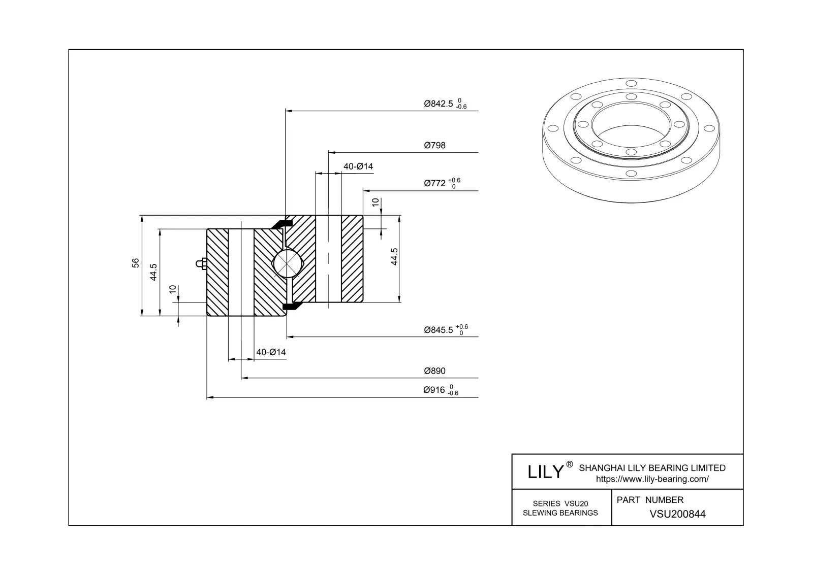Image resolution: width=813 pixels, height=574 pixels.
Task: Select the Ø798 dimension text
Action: tap(434, 146)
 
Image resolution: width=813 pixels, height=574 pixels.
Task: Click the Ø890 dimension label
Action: tap(434, 371)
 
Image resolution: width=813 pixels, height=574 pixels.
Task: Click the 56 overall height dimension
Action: tap(136, 262)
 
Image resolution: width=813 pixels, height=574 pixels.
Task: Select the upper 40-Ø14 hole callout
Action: tap(358, 166)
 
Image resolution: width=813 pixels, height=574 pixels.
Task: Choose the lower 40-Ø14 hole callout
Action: tap(271, 352)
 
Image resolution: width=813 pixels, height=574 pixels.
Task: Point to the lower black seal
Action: tap(291, 306)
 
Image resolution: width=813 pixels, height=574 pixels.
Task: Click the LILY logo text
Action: tap(546, 472)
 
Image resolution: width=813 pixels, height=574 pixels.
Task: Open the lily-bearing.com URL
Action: tap(652, 479)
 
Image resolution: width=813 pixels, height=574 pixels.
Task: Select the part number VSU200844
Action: tap(677, 514)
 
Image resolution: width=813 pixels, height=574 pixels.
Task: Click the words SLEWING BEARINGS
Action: tap(560, 513)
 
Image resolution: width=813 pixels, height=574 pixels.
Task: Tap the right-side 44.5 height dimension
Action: tap(394, 257)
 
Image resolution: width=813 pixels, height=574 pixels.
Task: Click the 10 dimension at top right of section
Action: tap(376, 202)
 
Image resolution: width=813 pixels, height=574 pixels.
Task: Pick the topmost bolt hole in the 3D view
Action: tap(631, 84)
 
